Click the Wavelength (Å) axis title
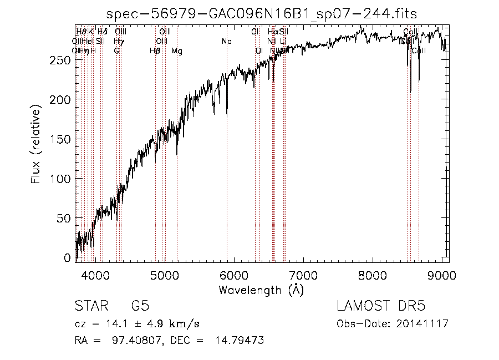point(262,290)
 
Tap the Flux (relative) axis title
point(37,146)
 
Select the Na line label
point(226,42)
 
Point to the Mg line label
point(177,51)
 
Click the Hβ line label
point(155,51)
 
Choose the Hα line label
point(272,32)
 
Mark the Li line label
point(283,42)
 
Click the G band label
point(116,51)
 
